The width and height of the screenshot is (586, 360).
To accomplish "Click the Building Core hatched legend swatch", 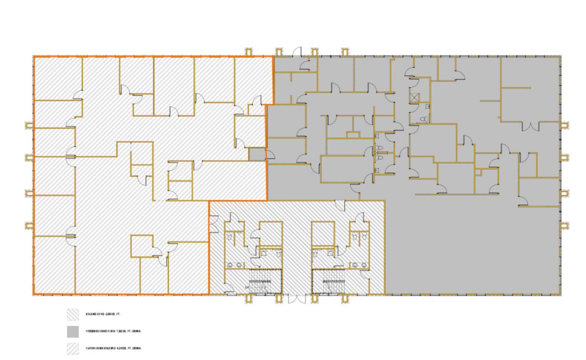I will coord(73,314).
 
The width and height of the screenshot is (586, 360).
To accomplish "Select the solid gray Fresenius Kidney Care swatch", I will coord(73,331).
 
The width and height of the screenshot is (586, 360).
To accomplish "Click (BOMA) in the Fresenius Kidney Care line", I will coord(136,331).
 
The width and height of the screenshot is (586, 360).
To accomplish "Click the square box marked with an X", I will coord(414,96).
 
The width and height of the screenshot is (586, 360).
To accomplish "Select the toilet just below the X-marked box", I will coord(424,119).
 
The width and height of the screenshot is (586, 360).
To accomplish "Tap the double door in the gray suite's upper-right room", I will coord(532,126).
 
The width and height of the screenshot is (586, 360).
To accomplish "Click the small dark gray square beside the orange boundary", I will coord(256,154).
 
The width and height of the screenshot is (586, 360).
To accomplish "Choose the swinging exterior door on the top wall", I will coord(298,51).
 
